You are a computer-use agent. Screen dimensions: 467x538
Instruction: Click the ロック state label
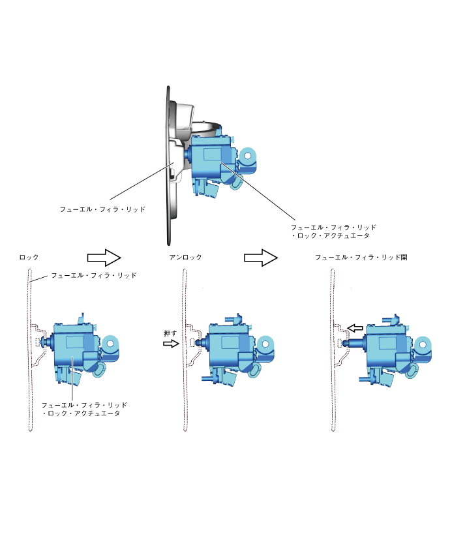coord(29,258)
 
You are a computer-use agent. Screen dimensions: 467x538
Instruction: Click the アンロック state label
coord(185,258)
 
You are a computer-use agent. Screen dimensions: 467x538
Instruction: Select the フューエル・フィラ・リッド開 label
coord(361,258)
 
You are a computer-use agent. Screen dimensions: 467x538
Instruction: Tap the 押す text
coord(170,333)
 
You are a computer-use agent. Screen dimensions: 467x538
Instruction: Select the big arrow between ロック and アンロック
coord(104,258)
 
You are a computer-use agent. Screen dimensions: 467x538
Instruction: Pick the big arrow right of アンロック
coord(261,258)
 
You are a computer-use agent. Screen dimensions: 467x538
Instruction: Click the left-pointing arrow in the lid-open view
coord(355,329)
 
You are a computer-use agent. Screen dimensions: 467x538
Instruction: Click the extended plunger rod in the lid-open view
coord(355,342)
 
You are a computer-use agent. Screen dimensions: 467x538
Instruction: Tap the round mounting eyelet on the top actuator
coord(248,156)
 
